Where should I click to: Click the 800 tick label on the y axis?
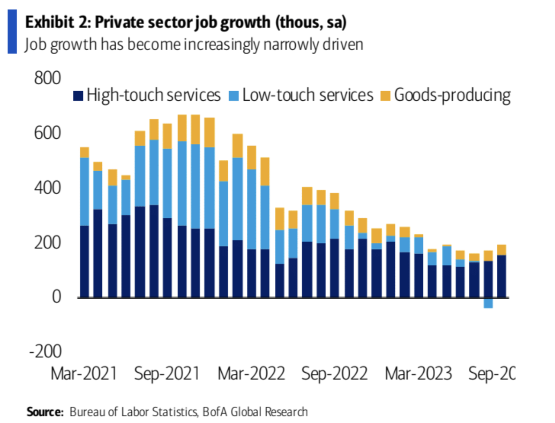coord(47,78)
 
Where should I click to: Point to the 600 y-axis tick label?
coord(47,133)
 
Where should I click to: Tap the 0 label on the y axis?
coord(56,297)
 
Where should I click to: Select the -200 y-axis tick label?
coord(45,352)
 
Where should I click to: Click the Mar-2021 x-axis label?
coord(84,374)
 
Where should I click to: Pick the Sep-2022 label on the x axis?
coord(334,374)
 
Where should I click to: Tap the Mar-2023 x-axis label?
coord(418,374)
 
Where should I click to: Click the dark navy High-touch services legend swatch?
coord(78,96)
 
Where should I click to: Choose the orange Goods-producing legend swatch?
coord(385,96)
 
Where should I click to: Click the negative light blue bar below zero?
coord(488,303)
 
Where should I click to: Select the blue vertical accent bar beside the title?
coord(12,32)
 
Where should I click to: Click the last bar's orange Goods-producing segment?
coord(502,250)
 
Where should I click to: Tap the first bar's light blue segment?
coord(85,192)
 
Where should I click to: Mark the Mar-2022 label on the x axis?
coord(251,374)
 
